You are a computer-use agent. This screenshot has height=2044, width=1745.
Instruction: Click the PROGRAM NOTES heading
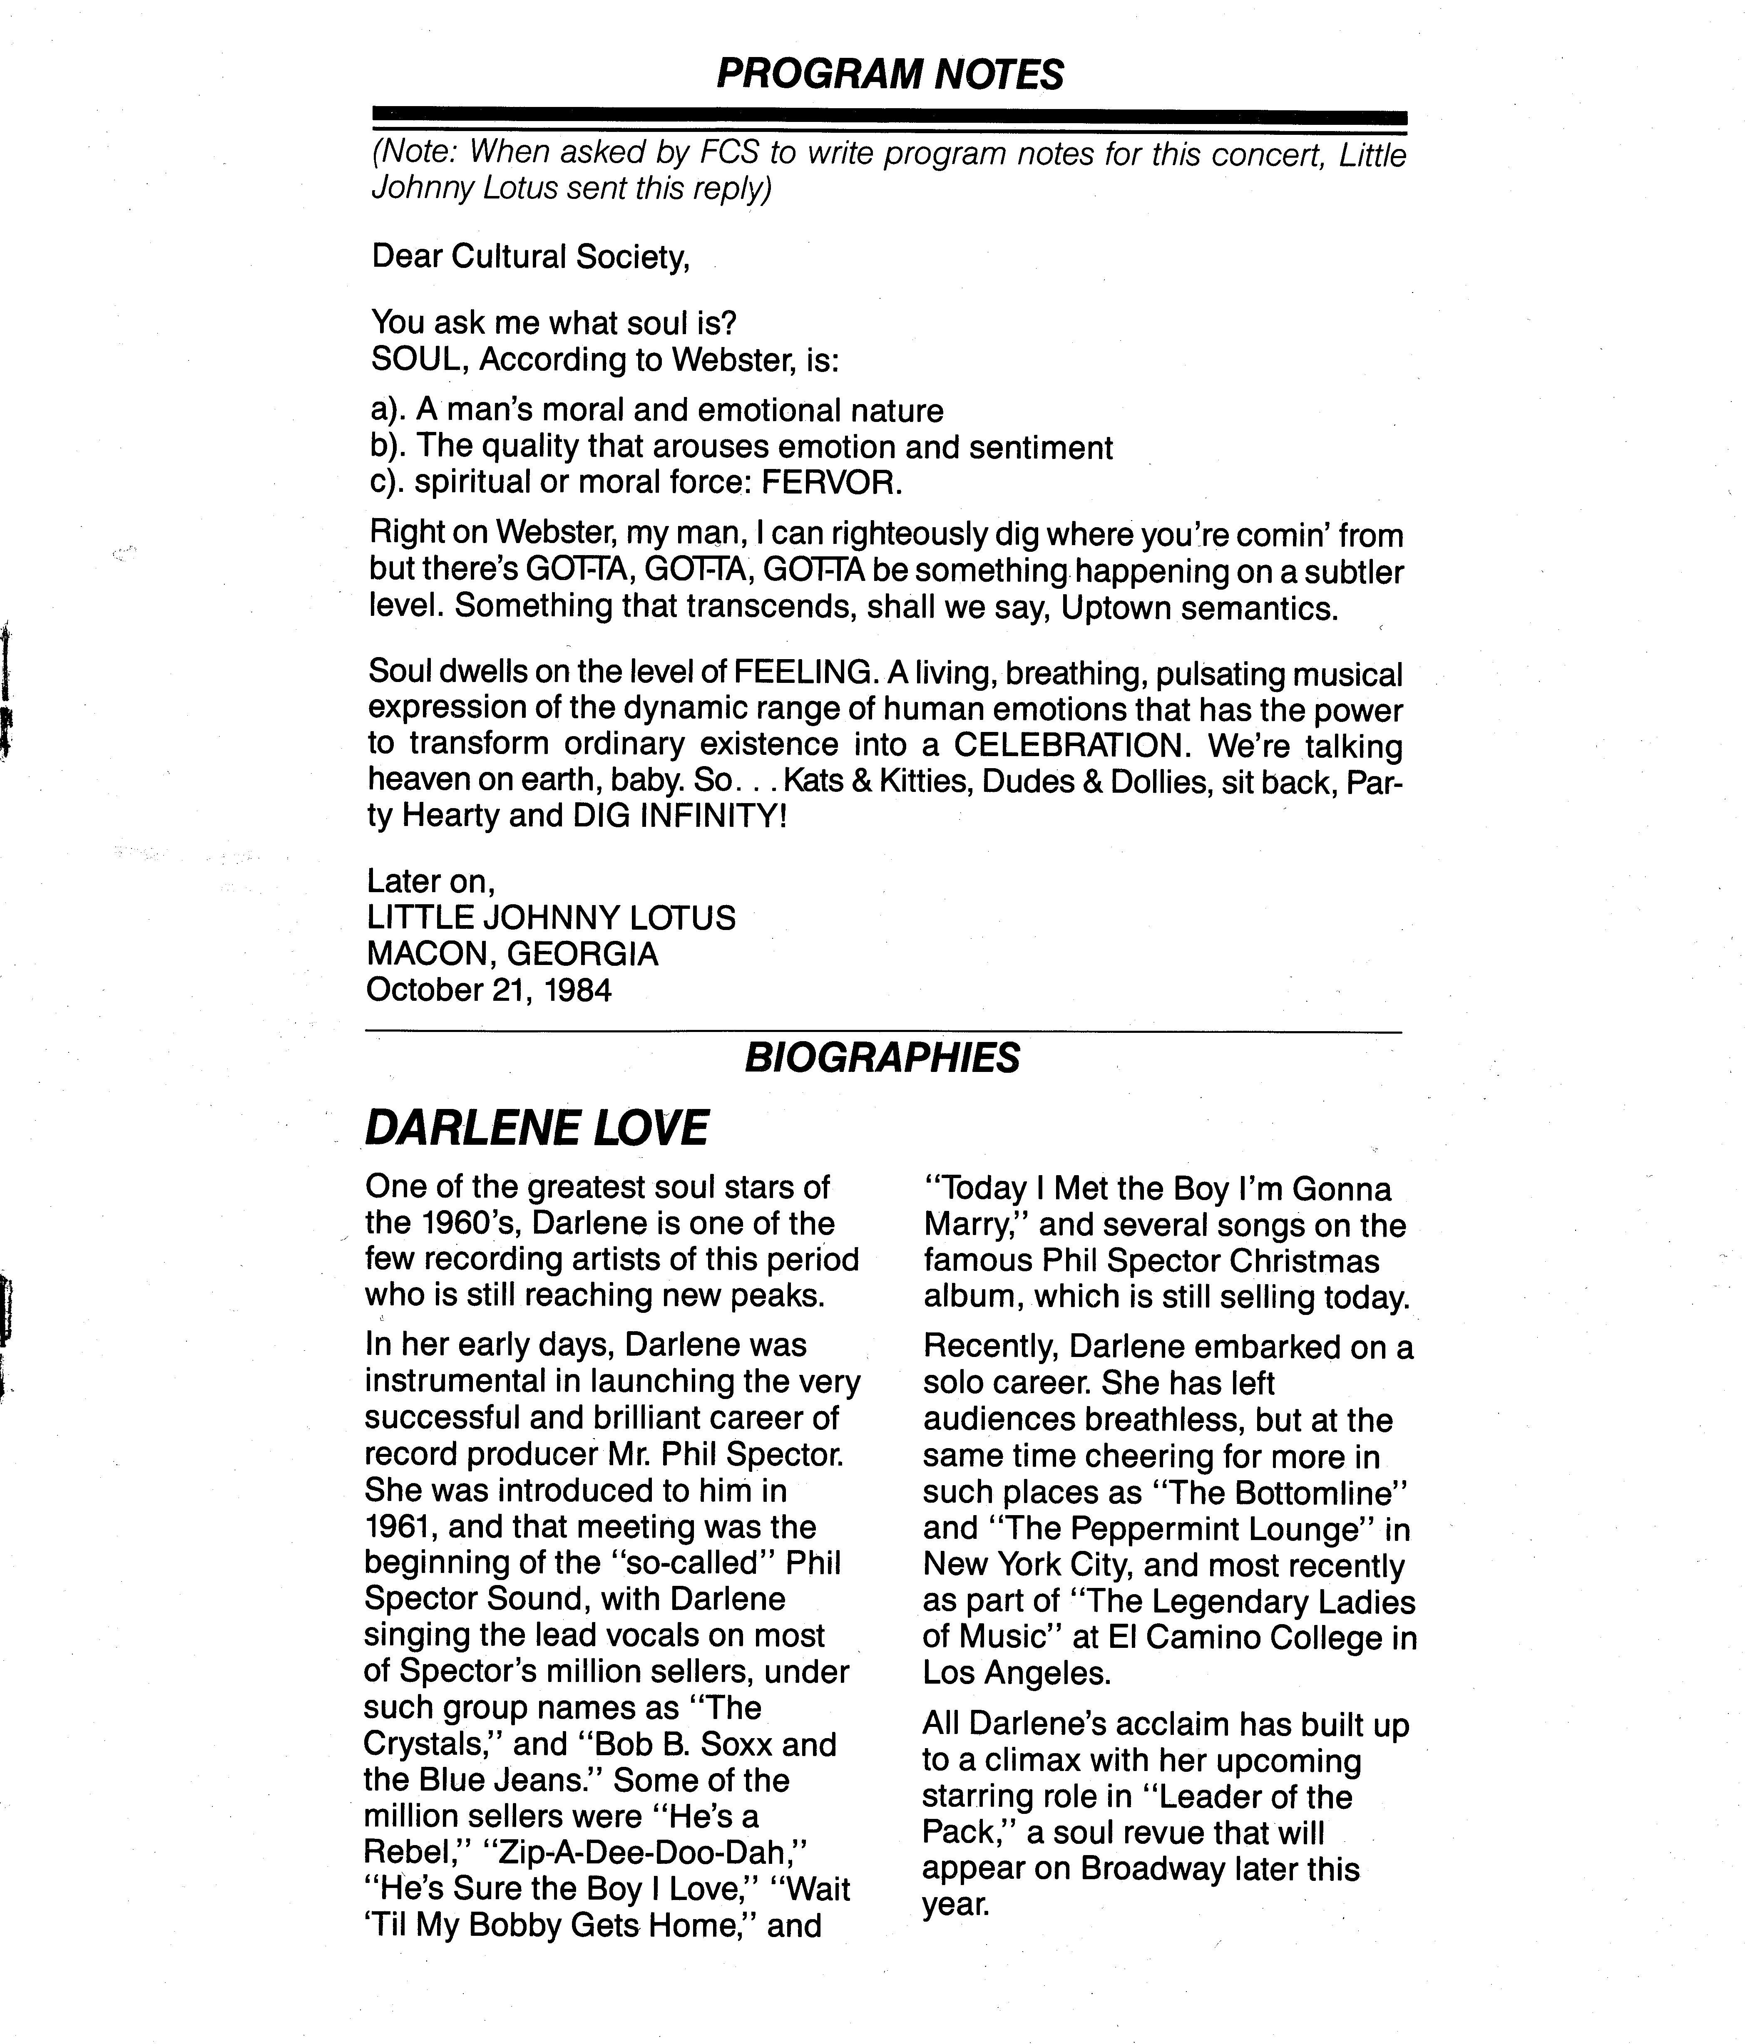click(889, 74)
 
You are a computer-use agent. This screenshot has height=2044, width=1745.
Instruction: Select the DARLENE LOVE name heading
click(537, 1128)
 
